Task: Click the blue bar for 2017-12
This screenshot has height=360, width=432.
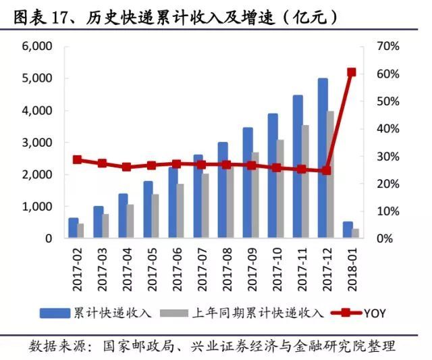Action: (x=323, y=159)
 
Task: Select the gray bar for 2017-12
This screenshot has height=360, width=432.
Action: (x=331, y=175)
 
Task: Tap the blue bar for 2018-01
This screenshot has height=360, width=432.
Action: (x=348, y=230)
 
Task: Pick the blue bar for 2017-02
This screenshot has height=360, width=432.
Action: (x=73, y=228)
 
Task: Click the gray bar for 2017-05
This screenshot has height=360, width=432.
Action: (x=156, y=216)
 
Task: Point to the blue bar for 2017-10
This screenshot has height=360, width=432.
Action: (x=273, y=176)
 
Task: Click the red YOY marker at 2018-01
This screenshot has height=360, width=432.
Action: (x=352, y=72)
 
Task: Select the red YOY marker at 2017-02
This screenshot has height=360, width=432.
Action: (x=77, y=160)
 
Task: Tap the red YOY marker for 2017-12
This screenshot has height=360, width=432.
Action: (x=327, y=170)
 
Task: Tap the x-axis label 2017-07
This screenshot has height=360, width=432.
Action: (x=202, y=267)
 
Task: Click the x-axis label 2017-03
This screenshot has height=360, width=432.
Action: (x=102, y=267)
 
